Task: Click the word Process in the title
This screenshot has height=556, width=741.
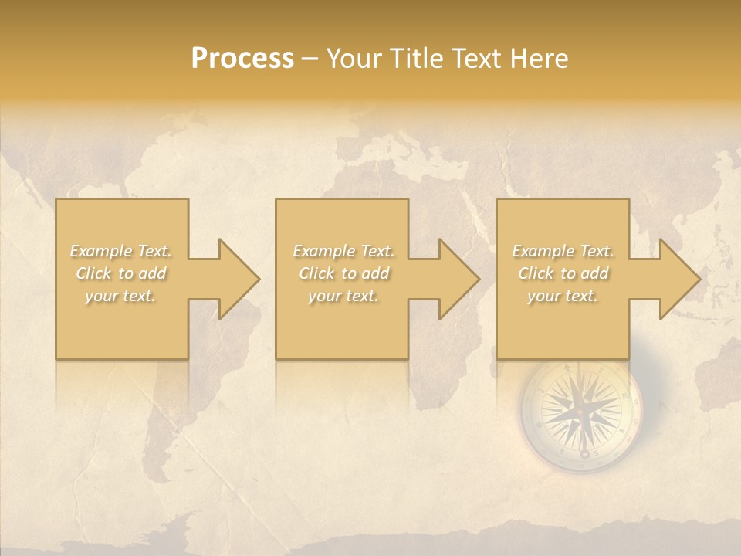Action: (x=242, y=59)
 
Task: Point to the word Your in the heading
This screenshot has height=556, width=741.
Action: (x=356, y=59)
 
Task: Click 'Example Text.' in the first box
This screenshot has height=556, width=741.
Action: (x=120, y=251)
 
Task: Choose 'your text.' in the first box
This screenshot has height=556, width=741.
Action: (x=120, y=296)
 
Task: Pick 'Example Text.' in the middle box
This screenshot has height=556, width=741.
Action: (x=343, y=251)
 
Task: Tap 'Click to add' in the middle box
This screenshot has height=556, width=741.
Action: (x=343, y=273)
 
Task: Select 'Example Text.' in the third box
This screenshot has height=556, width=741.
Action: (x=563, y=251)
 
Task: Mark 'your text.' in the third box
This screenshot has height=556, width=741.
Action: (x=563, y=296)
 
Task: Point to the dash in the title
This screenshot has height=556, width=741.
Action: (x=310, y=59)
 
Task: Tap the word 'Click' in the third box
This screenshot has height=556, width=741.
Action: (x=535, y=273)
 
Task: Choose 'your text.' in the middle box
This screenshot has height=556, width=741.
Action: (x=343, y=296)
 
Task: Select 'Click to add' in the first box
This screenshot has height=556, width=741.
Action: (x=120, y=273)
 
